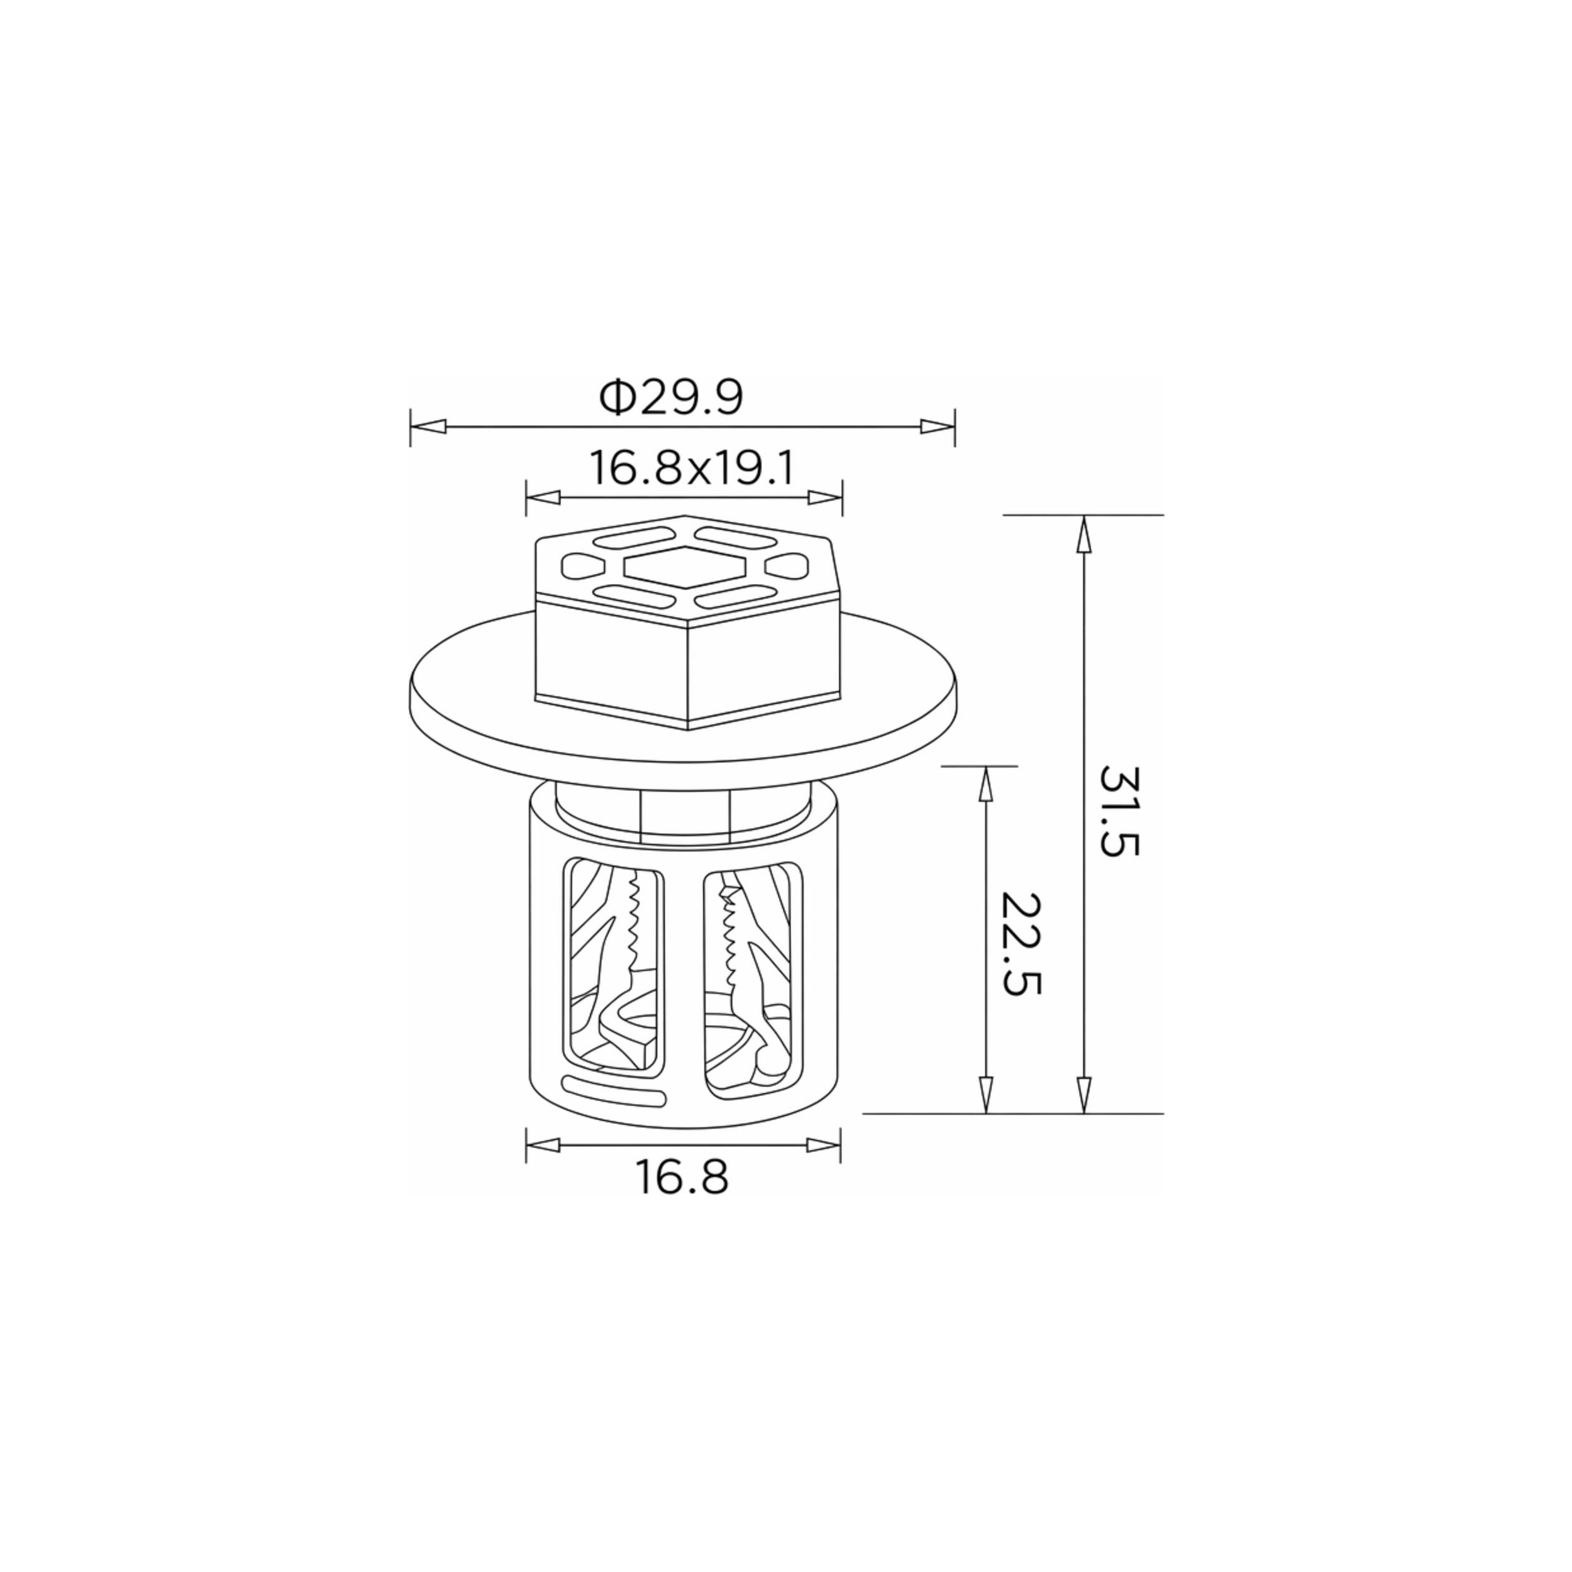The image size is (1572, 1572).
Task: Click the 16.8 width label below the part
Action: point(682,1177)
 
